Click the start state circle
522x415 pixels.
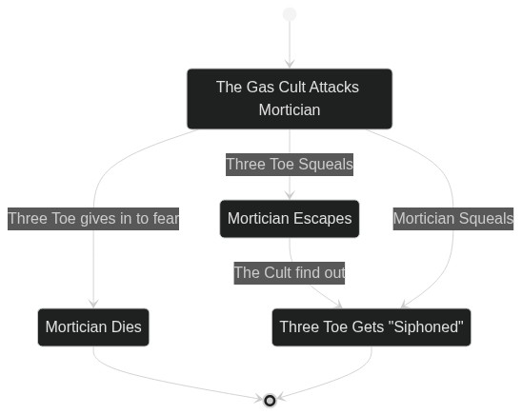coord(290,14)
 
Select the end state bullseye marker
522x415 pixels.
coord(270,401)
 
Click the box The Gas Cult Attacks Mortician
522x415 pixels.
coord(290,99)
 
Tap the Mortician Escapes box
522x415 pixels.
coord(290,219)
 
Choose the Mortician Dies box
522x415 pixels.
coord(93,327)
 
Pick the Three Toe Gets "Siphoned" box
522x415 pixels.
coord(371,327)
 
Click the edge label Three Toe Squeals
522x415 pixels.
coord(290,165)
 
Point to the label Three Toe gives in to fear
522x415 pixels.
coord(93,219)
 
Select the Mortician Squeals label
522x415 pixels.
coord(453,219)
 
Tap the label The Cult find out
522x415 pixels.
coord(290,273)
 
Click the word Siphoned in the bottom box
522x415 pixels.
coord(429,327)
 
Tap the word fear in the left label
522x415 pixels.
coord(166,219)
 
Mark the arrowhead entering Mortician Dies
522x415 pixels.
coord(93,304)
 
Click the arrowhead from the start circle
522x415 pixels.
coord(290,64)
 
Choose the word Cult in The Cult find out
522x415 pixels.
coord(277,273)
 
